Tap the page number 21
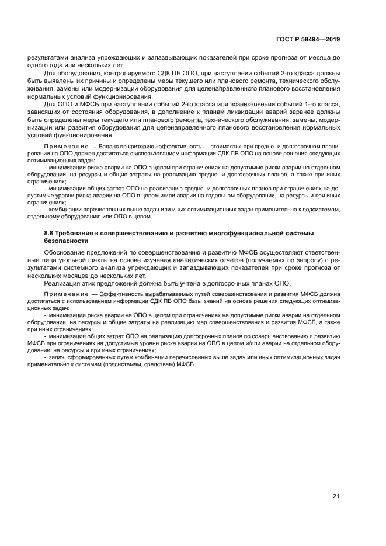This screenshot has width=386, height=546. click(x=336, y=496)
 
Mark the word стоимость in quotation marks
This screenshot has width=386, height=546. click(x=211, y=147)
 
